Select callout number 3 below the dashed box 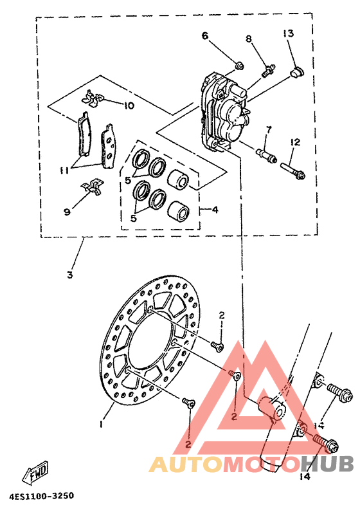point(70,275)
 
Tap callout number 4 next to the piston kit point(215,210)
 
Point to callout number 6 point(205,36)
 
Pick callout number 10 point(129,106)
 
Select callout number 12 point(294,142)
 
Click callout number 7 point(269,131)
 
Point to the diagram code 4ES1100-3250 point(42,496)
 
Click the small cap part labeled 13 point(296,72)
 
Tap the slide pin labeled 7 point(266,156)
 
